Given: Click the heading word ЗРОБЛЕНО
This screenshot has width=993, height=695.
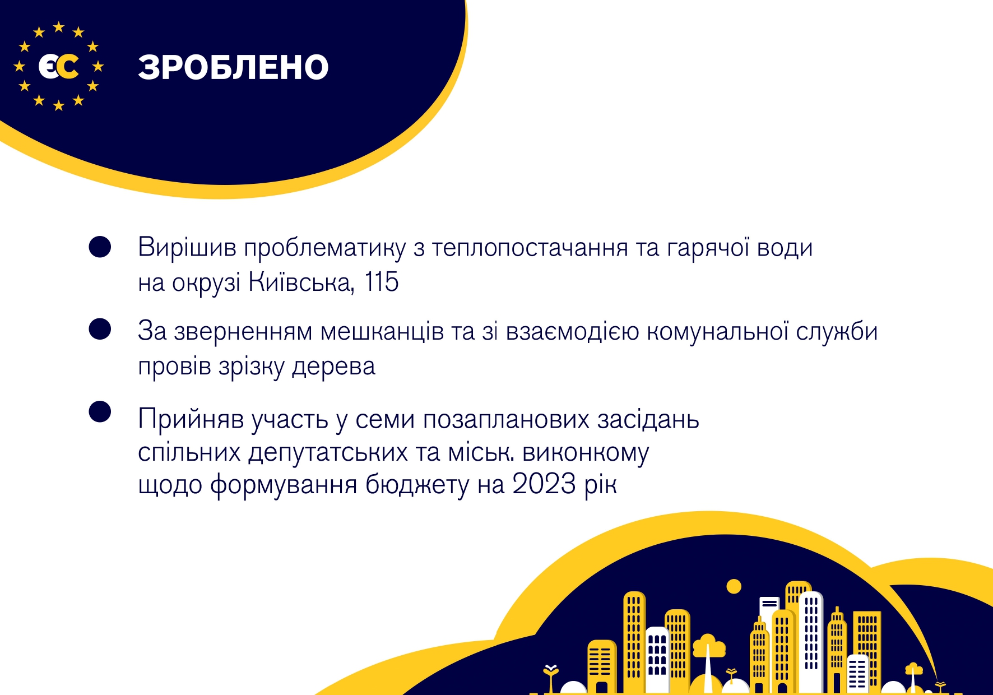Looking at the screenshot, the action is [x=233, y=67].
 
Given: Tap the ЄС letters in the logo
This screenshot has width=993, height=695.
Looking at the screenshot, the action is [x=58, y=67].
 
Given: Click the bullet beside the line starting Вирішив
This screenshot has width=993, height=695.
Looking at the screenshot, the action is [x=100, y=247].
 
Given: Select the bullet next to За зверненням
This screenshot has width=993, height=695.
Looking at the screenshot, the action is [x=100, y=329].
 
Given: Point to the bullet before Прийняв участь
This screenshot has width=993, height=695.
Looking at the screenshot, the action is [x=100, y=412].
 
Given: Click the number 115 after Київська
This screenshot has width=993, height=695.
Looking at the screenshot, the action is [x=382, y=282].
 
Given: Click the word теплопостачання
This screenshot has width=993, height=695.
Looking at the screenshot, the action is [x=530, y=248].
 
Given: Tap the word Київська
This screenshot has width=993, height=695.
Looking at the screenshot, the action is [x=301, y=282].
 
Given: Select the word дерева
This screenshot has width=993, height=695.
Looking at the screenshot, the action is [x=333, y=367].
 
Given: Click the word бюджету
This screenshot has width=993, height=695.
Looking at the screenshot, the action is [x=417, y=485].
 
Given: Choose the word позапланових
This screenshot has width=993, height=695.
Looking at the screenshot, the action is [x=506, y=420].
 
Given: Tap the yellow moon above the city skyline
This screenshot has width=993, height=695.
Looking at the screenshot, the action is [x=734, y=587].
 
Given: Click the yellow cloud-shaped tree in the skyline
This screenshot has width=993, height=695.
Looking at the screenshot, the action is [x=709, y=646].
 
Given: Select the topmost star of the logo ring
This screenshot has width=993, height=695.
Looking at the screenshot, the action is [x=58, y=27].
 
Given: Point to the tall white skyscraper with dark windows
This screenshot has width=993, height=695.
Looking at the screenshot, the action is [x=811, y=639].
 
